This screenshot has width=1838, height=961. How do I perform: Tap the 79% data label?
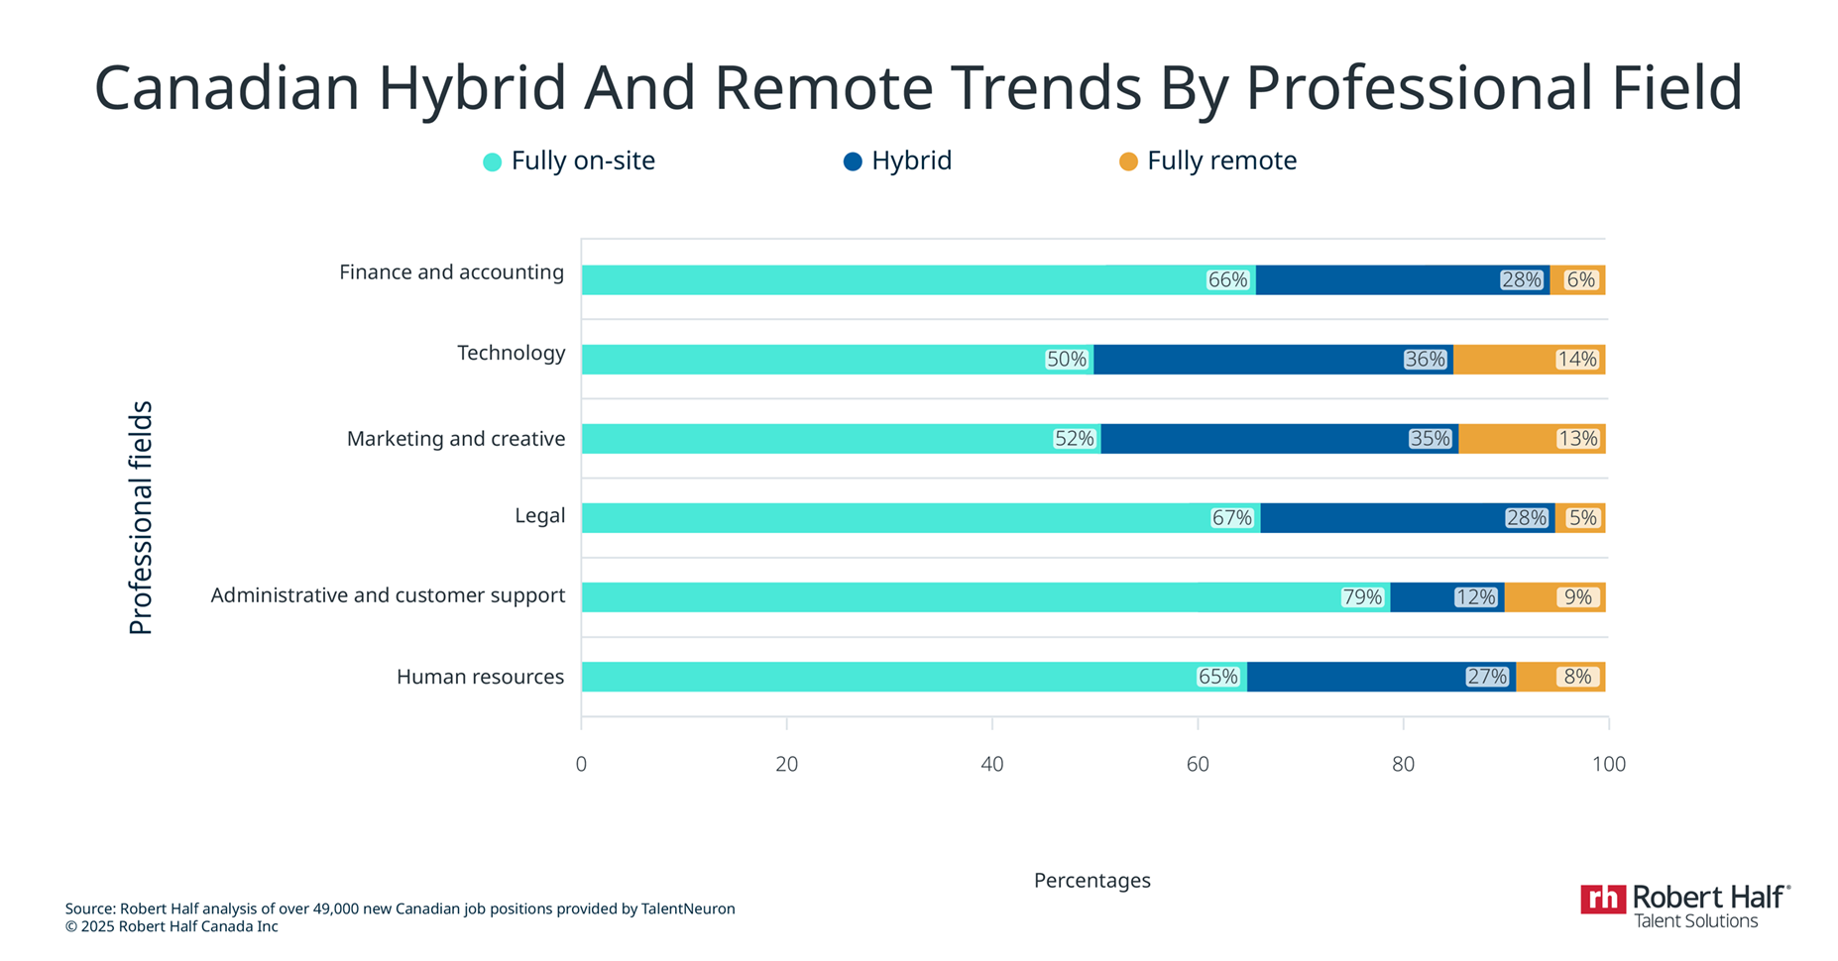pos(1361,597)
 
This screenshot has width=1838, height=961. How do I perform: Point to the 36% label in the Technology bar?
pos(1425,360)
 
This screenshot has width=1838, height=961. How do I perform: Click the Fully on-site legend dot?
pos(492,161)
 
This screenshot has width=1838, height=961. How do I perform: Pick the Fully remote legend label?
pos(1221,160)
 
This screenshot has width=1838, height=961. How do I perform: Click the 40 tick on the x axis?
pos(991,764)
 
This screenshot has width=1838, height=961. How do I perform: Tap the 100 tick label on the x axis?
pos(1608,764)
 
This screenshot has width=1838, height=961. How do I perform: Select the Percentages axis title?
pos(1091,880)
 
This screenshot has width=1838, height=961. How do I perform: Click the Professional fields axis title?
pos(141,517)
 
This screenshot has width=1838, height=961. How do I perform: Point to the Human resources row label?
pos(480,677)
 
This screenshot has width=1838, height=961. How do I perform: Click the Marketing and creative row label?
pos(455,439)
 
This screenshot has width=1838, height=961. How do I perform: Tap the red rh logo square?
pos(1602,899)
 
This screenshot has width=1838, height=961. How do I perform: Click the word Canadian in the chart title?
pos(226,87)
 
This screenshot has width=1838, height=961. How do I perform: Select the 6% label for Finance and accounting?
pos(1580,280)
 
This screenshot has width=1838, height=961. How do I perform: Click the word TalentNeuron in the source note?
pos(688,908)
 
